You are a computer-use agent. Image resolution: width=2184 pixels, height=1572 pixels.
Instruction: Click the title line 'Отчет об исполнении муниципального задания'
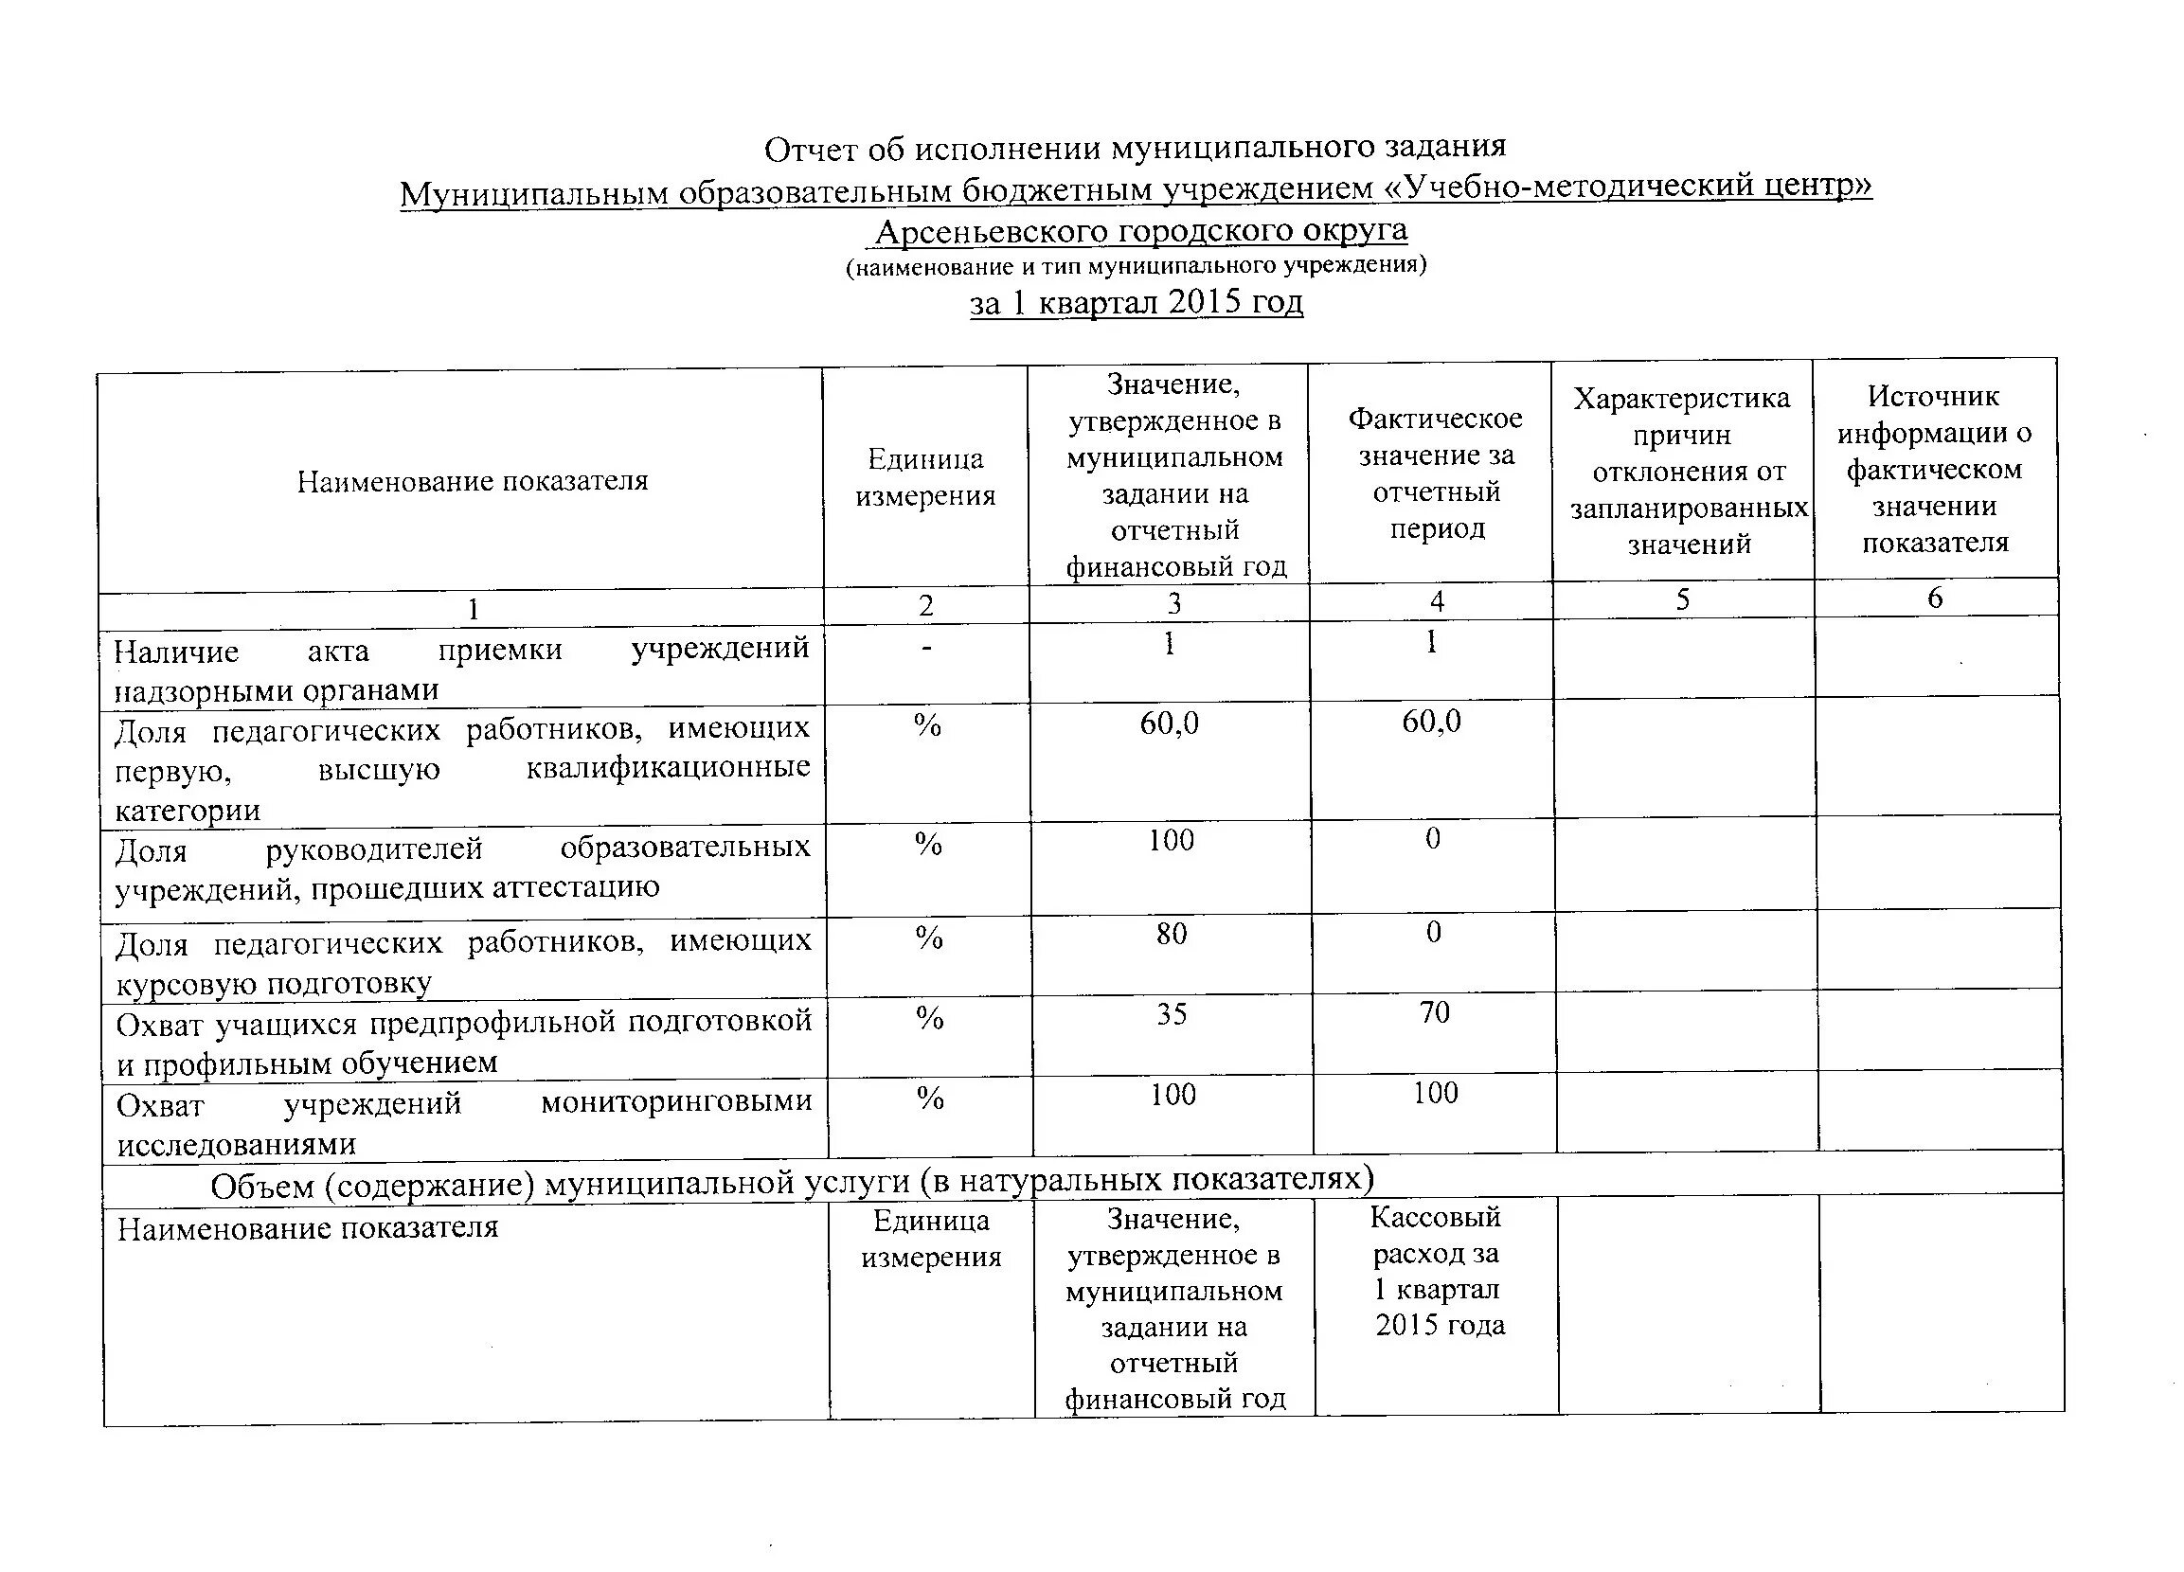click(x=1135, y=148)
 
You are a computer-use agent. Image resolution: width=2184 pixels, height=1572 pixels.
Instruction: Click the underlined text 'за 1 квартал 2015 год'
click(x=1136, y=302)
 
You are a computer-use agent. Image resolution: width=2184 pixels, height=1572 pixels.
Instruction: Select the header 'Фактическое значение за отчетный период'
click(x=1435, y=473)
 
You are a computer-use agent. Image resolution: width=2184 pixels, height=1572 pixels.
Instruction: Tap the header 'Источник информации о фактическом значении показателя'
click(x=1934, y=469)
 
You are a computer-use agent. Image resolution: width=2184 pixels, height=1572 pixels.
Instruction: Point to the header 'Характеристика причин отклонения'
click(x=1681, y=471)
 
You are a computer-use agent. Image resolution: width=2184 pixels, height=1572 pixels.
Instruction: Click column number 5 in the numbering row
click(x=1682, y=599)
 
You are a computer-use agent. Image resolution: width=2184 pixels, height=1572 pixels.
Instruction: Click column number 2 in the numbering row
click(x=925, y=605)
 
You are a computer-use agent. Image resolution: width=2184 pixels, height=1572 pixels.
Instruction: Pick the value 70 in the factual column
click(x=1434, y=1011)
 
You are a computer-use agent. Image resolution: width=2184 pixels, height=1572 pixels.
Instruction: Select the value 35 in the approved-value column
click(x=1171, y=1013)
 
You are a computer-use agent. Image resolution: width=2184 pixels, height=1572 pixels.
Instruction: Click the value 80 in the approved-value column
click(x=1171, y=933)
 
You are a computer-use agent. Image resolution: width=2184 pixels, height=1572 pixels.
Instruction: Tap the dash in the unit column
click(x=925, y=649)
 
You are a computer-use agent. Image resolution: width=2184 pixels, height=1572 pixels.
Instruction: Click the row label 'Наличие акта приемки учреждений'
click(x=461, y=669)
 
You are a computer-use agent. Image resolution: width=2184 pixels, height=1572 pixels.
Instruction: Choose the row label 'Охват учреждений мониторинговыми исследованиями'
click(x=463, y=1122)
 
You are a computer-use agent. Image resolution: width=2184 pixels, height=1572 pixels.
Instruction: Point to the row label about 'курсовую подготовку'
click(x=463, y=961)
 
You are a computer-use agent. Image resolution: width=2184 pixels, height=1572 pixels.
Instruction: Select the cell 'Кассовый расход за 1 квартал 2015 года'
click(x=1437, y=1271)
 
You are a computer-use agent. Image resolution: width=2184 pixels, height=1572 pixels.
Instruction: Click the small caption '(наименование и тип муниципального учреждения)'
click(x=1136, y=266)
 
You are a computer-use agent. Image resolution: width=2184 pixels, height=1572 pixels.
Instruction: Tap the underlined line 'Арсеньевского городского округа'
click(x=1140, y=231)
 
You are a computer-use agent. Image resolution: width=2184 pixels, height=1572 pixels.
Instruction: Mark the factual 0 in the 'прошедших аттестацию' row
click(x=1433, y=838)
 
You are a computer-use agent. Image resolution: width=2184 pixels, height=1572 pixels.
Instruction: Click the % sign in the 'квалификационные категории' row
click(x=927, y=724)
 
